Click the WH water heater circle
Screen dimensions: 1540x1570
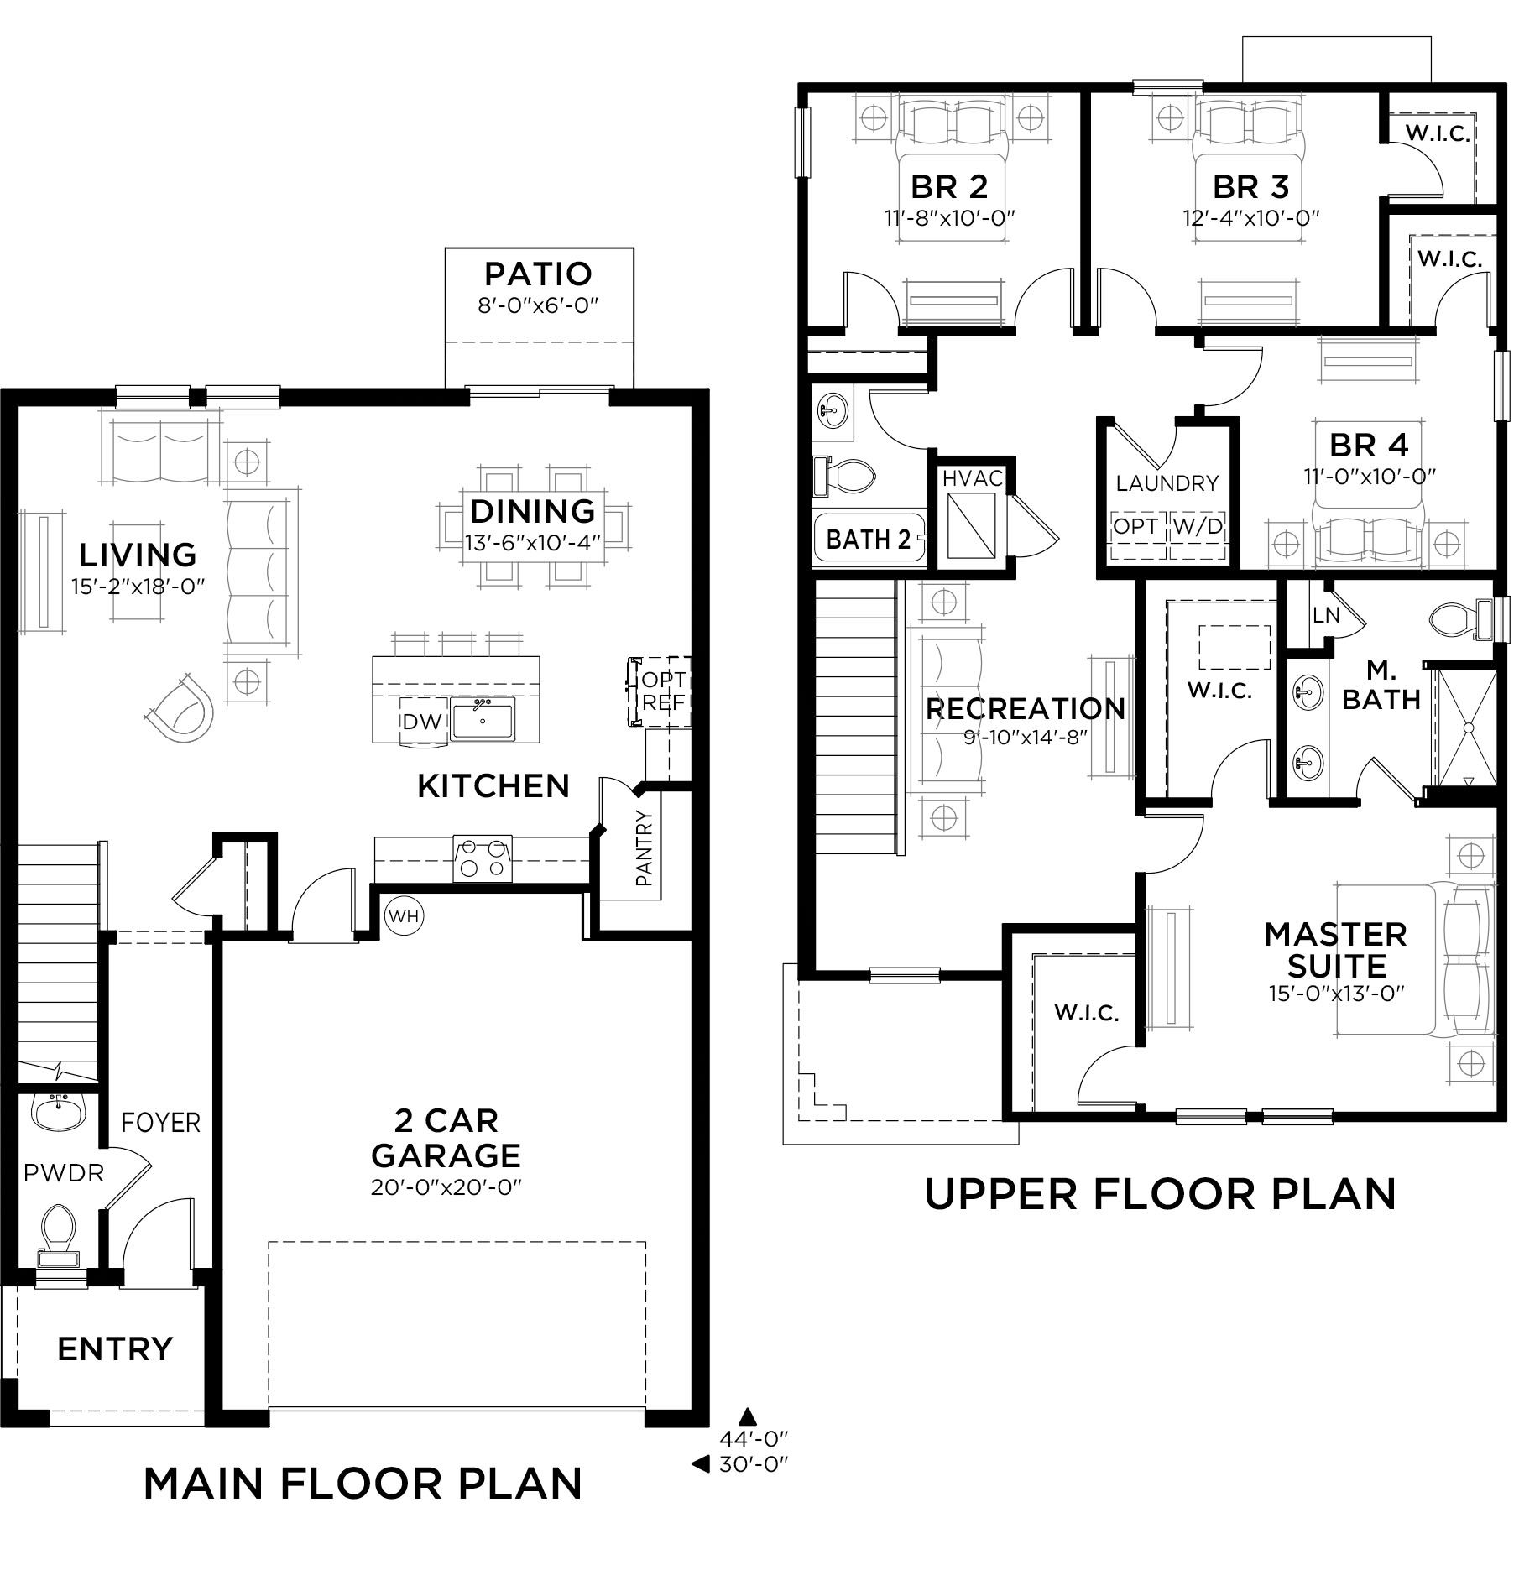coord(405,915)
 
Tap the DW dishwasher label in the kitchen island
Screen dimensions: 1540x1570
coord(421,722)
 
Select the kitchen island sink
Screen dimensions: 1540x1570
coord(483,719)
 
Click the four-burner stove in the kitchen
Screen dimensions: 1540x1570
coord(483,858)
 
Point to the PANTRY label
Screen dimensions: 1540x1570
coord(644,848)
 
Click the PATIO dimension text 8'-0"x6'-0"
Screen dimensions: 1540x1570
coord(538,305)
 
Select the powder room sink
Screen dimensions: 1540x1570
coord(59,1112)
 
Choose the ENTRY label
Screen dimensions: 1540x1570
coord(115,1348)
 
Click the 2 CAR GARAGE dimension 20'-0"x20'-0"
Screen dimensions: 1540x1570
coord(446,1187)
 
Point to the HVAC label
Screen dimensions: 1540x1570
coord(973,478)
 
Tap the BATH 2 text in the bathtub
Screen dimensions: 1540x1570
coord(869,539)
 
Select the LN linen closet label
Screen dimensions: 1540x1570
coord(1326,615)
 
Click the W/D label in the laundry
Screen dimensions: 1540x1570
coord(1198,527)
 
